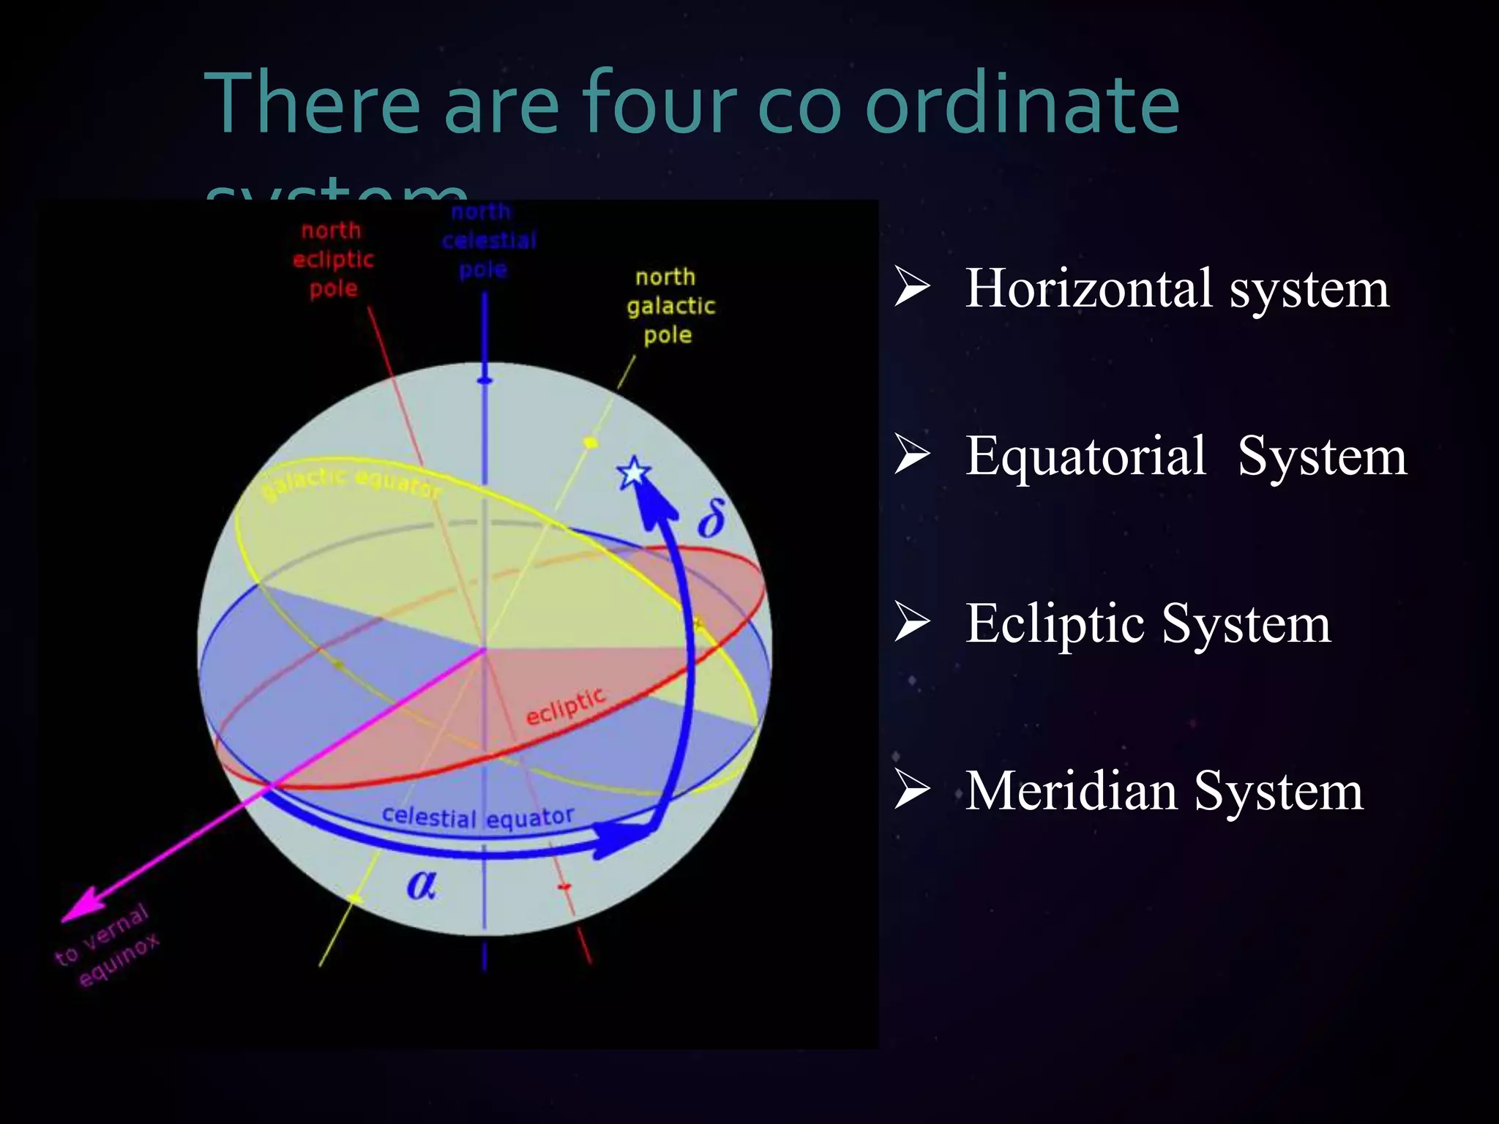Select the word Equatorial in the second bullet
point(1085,456)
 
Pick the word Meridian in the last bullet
point(1070,791)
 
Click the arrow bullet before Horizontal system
point(912,287)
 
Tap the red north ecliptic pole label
point(333,260)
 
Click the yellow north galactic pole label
point(670,306)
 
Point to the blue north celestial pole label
point(487,241)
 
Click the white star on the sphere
point(633,473)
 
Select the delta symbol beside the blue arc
point(711,518)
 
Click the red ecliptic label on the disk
point(566,706)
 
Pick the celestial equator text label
point(477,817)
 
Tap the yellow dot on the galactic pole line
point(590,442)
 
